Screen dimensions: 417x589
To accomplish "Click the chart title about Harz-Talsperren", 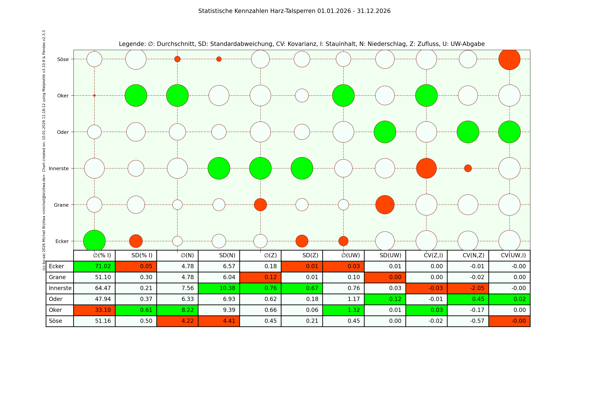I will pos(294,11).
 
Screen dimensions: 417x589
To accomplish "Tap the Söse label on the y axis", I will pos(63,59).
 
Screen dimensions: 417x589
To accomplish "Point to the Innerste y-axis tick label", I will pos(59,168).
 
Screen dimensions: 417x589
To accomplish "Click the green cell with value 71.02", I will pos(94,266).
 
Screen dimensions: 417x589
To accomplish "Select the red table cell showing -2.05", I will pos(468,288).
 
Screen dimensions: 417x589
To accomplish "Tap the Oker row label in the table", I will pos(55,310).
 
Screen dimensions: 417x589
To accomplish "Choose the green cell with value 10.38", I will pos(219,288).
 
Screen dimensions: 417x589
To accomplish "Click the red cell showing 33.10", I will pos(94,310).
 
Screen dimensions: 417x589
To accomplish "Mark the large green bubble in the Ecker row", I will pos(94,241).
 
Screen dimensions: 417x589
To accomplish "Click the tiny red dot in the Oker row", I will pos(94,96).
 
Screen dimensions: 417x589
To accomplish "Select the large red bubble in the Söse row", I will pos(509,59).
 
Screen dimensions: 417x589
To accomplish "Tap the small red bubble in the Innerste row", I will pos(468,168).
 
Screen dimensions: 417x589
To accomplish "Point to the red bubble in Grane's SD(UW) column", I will pos(385,205).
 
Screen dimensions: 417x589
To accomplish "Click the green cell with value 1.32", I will pos(343,310).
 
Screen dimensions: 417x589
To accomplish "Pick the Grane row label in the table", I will pos(57,277).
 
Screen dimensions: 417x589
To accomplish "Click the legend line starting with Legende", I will pos(302,44).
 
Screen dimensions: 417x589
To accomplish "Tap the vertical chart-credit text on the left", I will pos(44,150).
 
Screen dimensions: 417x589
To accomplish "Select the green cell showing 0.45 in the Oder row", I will pos(468,299).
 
